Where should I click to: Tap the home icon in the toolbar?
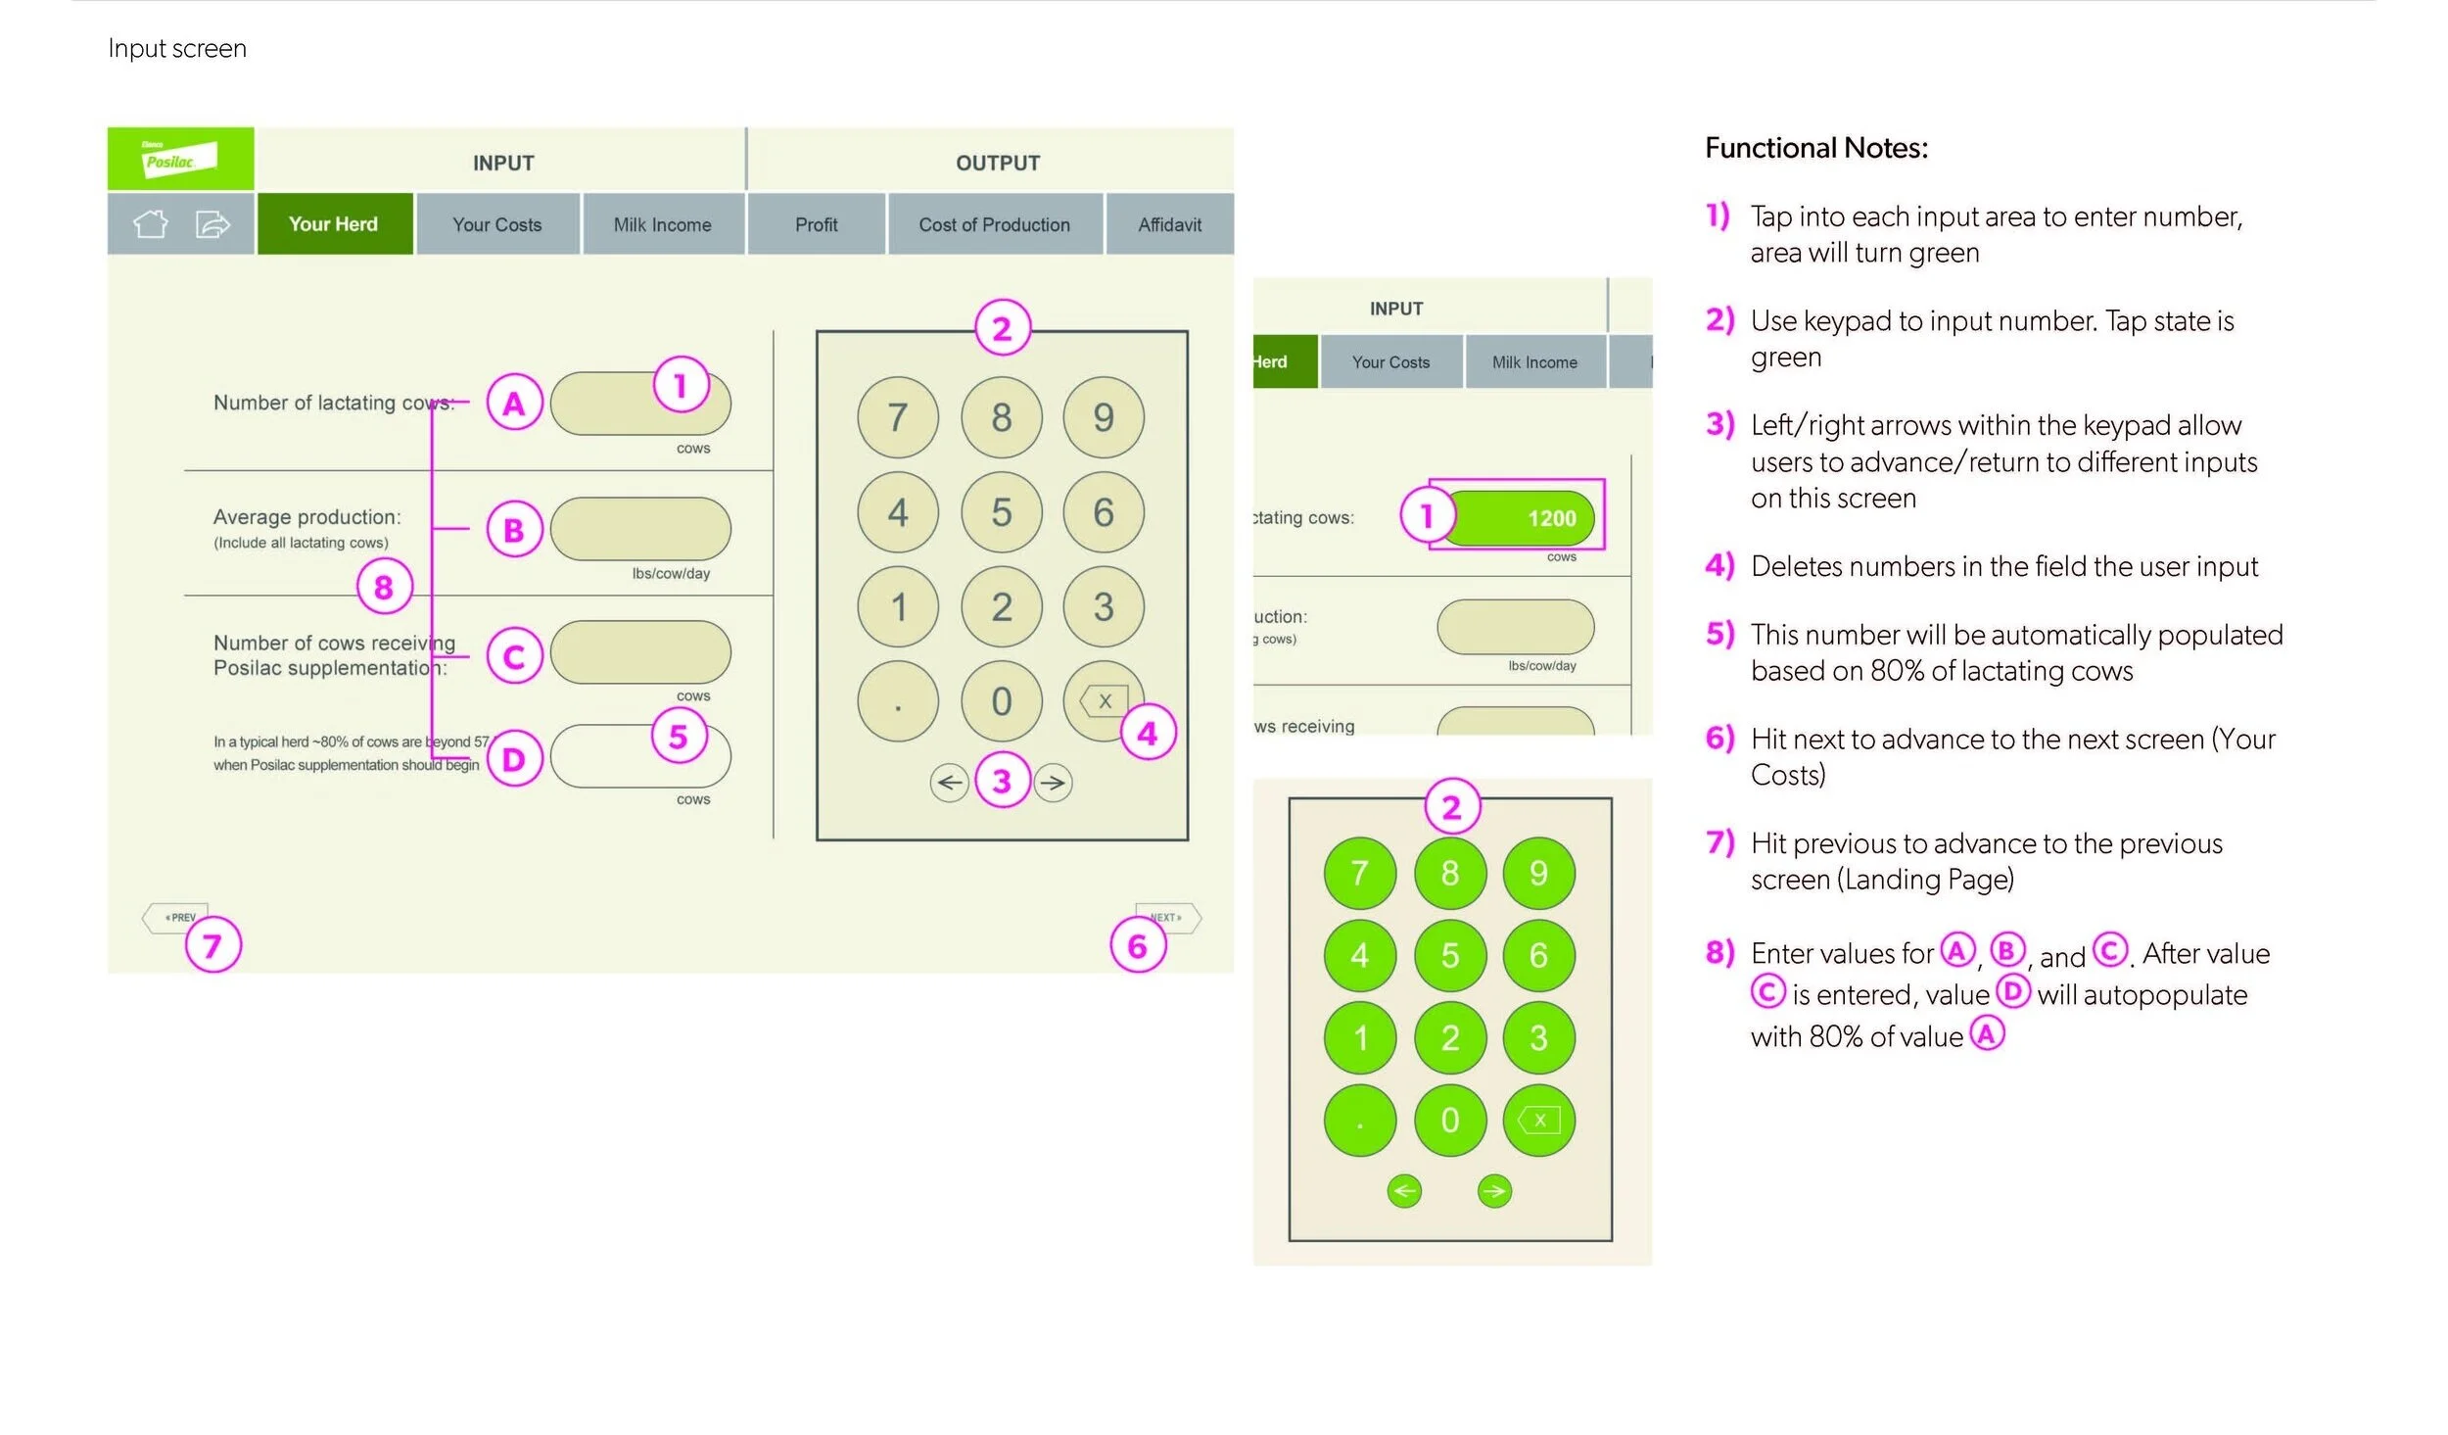pos(150,224)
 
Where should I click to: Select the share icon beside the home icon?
pos(212,224)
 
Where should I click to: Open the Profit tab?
pos(816,224)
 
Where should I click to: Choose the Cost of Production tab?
pos(994,224)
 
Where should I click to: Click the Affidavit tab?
pos(1169,224)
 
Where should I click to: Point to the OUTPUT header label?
pos(998,164)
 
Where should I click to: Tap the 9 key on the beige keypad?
pos(1104,418)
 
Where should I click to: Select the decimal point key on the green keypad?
pos(1359,1121)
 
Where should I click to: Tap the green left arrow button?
pos(1404,1191)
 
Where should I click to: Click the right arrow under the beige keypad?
pos(1054,783)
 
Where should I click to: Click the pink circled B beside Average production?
pos(514,530)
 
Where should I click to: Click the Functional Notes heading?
pos(1816,148)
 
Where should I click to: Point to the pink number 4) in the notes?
pos(1719,566)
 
